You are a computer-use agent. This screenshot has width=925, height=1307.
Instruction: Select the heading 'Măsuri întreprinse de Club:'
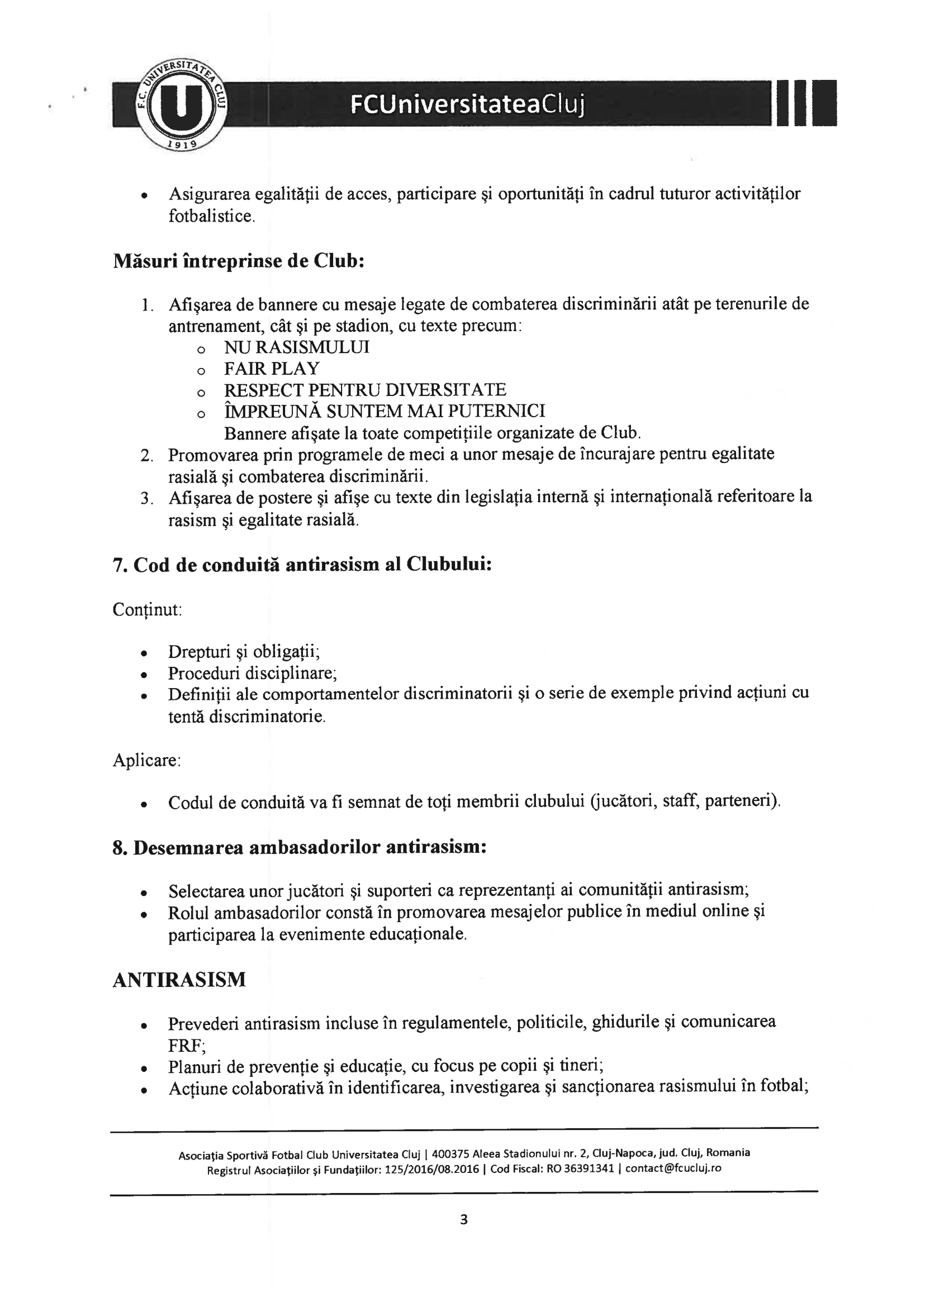click(x=238, y=261)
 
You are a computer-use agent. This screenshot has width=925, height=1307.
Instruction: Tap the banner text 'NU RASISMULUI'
click(x=296, y=347)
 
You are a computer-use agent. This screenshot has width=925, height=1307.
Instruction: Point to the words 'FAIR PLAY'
click(x=272, y=369)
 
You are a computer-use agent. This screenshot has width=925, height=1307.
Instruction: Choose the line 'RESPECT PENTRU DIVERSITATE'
click(x=364, y=390)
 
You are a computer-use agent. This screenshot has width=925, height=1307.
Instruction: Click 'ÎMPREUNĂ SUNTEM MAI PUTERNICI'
click(x=385, y=411)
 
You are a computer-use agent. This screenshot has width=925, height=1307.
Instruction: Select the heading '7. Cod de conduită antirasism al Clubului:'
click(x=302, y=565)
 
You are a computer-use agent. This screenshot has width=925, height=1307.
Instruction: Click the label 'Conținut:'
click(x=147, y=610)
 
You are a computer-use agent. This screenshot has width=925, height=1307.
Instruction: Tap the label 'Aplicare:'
click(x=146, y=761)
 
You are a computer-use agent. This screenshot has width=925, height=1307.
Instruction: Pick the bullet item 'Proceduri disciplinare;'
click(x=252, y=674)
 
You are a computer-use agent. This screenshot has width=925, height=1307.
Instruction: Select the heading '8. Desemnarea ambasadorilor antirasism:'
click(x=300, y=848)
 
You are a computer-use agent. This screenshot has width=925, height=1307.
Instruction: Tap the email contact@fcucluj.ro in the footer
click(x=673, y=1168)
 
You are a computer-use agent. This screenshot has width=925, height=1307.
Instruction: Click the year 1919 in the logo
click(x=181, y=144)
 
